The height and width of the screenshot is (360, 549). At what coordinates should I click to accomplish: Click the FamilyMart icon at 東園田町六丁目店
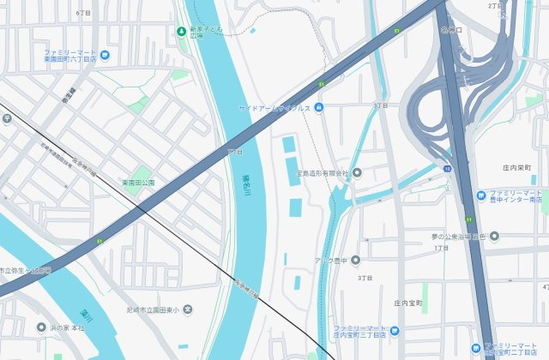(x=105, y=56)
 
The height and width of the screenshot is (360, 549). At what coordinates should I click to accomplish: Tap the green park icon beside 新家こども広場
(x=181, y=32)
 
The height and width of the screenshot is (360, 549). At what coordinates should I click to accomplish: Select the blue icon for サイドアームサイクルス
(x=319, y=107)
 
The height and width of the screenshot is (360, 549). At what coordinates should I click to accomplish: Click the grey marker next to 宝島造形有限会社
(x=357, y=173)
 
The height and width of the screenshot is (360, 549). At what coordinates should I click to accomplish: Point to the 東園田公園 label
(x=137, y=183)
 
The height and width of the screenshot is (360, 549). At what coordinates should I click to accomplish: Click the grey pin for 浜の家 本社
(x=40, y=327)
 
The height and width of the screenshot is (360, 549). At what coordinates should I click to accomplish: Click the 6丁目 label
(x=83, y=14)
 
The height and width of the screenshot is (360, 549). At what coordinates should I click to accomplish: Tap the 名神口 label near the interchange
(x=452, y=29)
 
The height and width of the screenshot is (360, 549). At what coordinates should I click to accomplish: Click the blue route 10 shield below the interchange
(x=448, y=169)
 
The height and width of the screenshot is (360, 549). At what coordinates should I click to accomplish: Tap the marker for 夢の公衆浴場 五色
(x=493, y=236)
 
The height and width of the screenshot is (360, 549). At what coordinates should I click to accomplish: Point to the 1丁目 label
(x=442, y=248)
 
